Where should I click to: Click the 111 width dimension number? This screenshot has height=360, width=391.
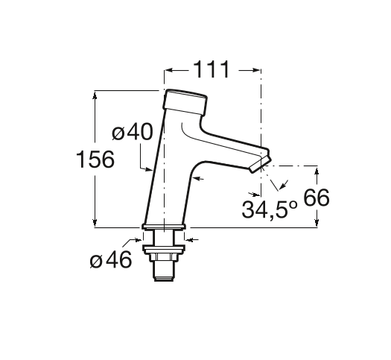point(212,69)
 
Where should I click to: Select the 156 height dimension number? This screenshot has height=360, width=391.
point(95,160)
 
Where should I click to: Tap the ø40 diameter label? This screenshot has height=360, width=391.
point(132,131)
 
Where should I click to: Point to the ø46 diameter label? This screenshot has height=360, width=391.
point(111,259)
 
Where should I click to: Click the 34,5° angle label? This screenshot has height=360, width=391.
point(270,209)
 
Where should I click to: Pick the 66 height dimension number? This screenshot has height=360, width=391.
point(317,198)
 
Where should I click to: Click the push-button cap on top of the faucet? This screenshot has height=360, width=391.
point(185,102)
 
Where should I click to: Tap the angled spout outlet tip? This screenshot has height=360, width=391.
point(261,165)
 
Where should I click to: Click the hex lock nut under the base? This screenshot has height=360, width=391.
point(164,257)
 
